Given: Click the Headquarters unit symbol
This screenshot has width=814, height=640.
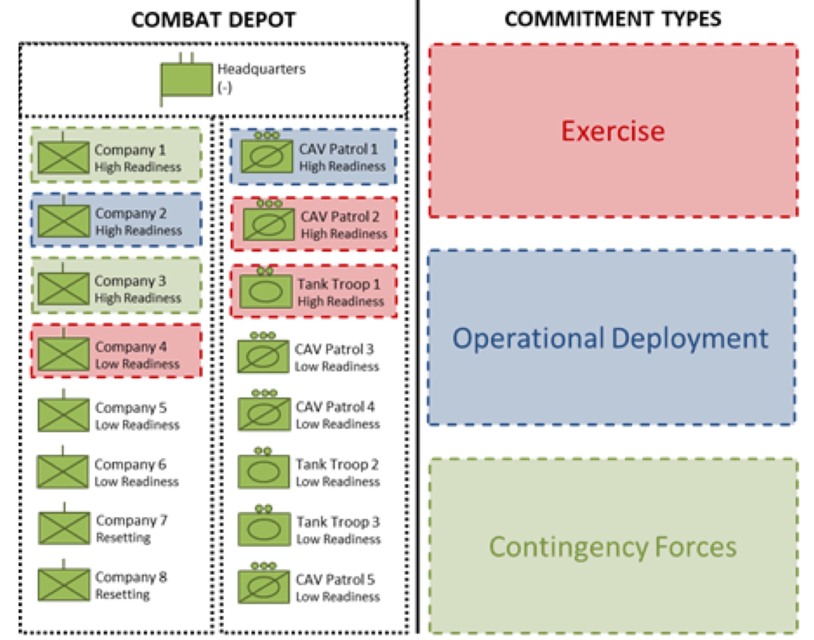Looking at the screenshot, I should pos(187,79).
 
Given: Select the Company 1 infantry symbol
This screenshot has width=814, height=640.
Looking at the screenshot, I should pos(63,157).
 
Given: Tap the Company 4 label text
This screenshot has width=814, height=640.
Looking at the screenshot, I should pos(131,347).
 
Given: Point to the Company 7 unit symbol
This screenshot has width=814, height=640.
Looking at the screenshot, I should pos(64,528).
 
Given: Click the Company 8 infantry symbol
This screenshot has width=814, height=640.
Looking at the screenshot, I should pos(64,584).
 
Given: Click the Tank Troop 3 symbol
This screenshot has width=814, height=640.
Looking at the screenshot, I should pos(264,529).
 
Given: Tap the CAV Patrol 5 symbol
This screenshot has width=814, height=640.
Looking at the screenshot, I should pos(264,586).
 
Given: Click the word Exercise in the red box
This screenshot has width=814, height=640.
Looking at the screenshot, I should pos(613,131).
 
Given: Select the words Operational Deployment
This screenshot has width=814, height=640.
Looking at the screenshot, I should pos(610,338).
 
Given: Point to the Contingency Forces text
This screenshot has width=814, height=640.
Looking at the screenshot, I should pos(613,547).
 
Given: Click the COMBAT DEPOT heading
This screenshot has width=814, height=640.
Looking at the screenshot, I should pos(213,20).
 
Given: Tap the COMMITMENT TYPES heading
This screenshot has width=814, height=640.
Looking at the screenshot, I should pos(613,19).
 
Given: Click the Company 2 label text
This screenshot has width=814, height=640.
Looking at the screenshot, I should pos(131,213).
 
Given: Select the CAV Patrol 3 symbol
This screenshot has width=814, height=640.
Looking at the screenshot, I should pos(263,356).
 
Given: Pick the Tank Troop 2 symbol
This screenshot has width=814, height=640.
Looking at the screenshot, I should pos(264,472).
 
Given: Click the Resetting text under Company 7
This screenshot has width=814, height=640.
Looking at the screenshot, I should pos(123,538).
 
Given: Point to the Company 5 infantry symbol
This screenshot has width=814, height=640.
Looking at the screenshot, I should pos(64,415).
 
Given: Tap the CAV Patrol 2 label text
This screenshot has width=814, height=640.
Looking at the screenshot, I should pos(340,217).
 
